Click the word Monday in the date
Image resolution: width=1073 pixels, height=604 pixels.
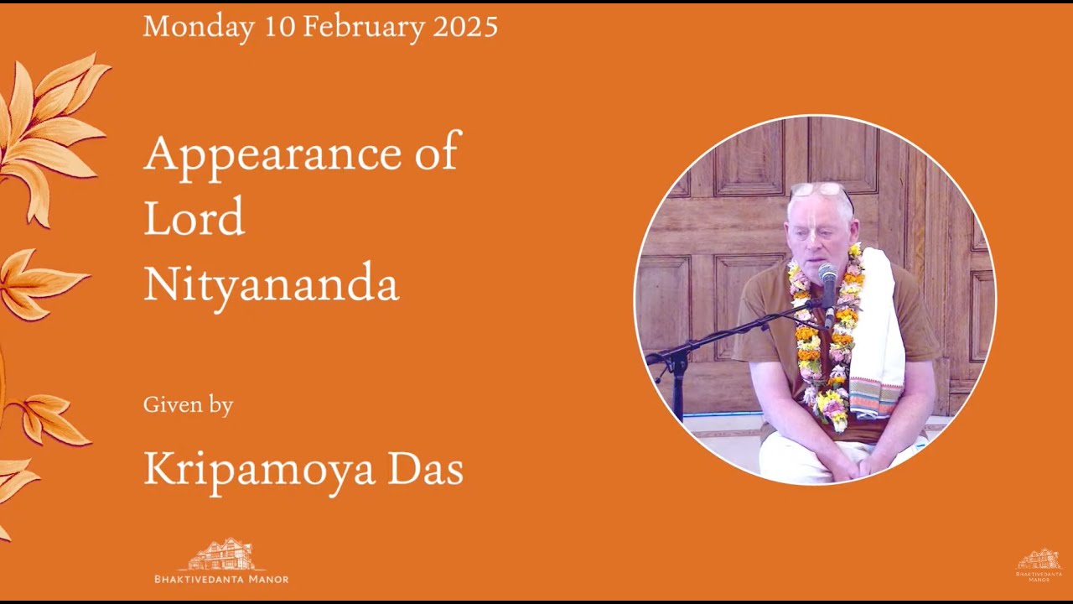point(198,27)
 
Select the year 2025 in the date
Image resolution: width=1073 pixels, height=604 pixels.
point(465,27)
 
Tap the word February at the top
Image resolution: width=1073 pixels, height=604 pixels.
point(364,27)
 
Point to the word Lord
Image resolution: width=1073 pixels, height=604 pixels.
point(194,217)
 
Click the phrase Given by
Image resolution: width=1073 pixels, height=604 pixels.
point(188,405)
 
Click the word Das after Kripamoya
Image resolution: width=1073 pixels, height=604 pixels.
point(425,468)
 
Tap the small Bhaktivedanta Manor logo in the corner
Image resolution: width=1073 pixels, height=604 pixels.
point(1039,565)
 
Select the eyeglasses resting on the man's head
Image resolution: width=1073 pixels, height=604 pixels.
point(820,190)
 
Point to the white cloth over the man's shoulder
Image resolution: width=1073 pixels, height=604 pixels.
point(877,336)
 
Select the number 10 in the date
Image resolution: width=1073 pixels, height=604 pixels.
point(279,27)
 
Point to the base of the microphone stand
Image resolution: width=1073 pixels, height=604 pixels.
point(678,394)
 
